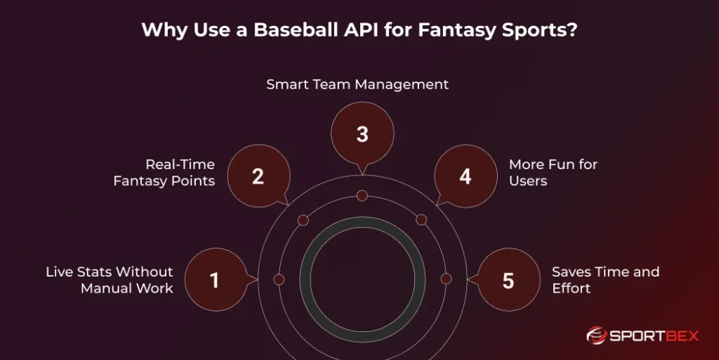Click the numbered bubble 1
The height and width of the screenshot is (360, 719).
215,280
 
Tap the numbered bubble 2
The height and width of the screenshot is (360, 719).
258,176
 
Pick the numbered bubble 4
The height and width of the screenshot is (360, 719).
466,176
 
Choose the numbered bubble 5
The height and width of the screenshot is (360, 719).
508,280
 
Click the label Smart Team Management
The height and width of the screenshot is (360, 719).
357,84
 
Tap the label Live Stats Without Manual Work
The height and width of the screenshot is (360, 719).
110,279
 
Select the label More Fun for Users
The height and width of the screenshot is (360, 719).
553,173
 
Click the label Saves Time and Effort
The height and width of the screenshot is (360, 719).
605,279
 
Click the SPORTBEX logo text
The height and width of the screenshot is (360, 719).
654,335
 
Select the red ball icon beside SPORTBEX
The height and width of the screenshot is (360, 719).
596,335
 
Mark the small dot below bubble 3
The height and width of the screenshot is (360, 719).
362,195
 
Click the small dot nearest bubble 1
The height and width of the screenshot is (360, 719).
279,279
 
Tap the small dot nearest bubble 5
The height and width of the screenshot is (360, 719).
446,279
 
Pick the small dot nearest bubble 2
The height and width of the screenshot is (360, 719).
303,220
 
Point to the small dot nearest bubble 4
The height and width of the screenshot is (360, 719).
421,220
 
